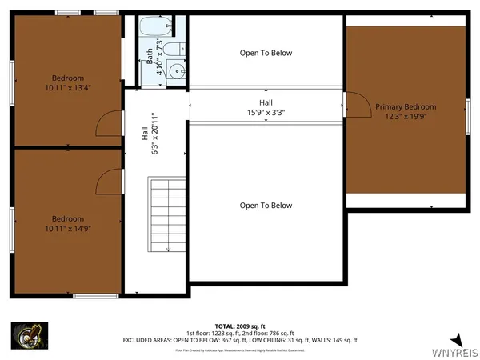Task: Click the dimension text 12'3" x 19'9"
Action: [x=406, y=118]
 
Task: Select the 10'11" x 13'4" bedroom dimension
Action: [x=67, y=88]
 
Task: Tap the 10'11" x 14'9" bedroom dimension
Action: [x=67, y=229]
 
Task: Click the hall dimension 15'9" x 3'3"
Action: [x=266, y=113]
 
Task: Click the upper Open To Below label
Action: [x=266, y=53]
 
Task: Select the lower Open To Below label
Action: [x=266, y=206]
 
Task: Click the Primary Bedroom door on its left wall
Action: [x=345, y=104]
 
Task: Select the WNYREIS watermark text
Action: [x=455, y=352]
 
